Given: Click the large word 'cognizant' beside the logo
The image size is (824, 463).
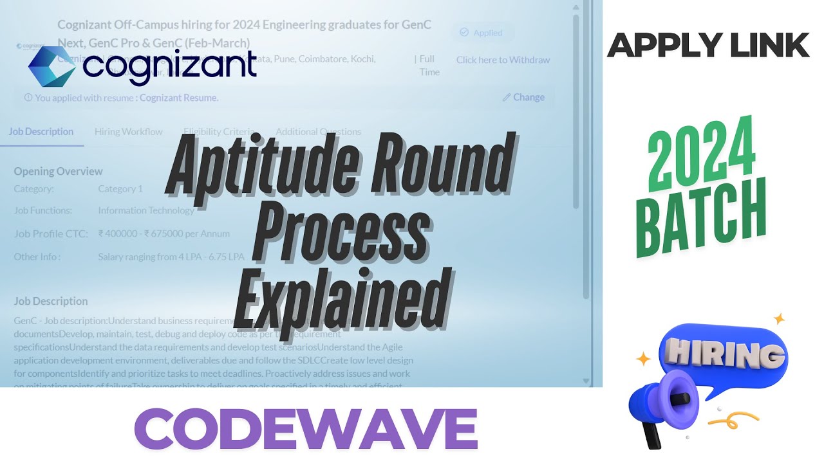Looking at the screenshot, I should coord(170,67).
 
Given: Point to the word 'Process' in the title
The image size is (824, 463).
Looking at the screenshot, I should coord(341,232).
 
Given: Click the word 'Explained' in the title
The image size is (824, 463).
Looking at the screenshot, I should coord(341,299).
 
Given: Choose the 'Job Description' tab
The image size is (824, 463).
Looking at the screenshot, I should coord(41,132).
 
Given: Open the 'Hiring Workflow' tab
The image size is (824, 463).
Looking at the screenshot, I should coord(129,132).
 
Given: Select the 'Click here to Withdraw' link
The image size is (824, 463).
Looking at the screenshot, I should coord(503,60).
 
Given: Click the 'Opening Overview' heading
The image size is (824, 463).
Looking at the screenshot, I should coord(58,172).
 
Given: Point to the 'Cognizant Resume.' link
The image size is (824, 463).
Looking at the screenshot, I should coord(179,98).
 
